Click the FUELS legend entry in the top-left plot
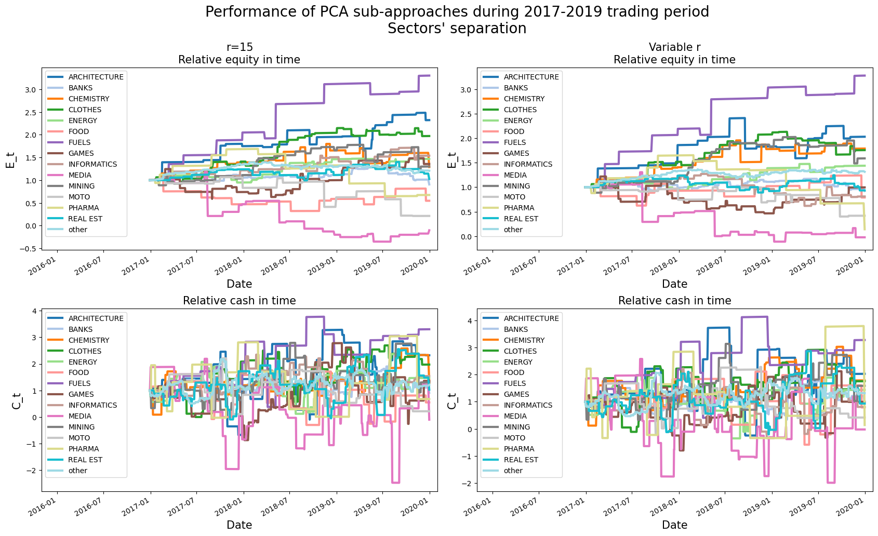tap(79, 142)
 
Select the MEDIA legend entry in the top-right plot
tap(515, 175)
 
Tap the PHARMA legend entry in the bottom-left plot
tap(83, 449)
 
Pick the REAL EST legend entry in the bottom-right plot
tap(521, 460)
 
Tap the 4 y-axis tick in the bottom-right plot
tap(470, 321)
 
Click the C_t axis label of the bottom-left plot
tap(17, 400)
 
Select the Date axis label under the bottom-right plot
tap(674, 525)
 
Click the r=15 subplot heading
tap(240, 47)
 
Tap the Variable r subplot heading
tap(674, 47)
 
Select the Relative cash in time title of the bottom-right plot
tap(674, 301)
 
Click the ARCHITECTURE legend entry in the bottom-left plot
tap(96, 318)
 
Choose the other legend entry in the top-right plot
tap(513, 230)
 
